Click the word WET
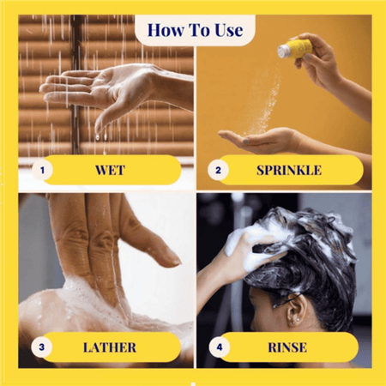[110, 170]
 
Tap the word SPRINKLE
[289, 170]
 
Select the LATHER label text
[110, 347]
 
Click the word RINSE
[287, 347]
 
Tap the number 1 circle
[42, 171]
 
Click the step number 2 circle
[218, 171]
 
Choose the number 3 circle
[42, 347]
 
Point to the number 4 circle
[220, 347]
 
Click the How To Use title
[196, 30]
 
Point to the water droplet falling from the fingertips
[98, 137]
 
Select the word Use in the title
[229, 30]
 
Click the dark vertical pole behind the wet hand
[75, 86]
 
